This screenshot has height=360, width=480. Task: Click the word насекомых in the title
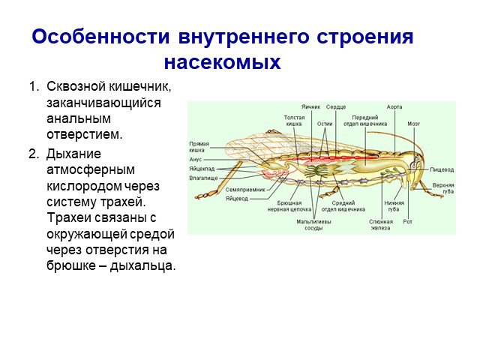point(223,62)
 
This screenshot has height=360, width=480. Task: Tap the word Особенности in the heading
point(100,37)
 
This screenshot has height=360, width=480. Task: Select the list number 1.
point(34,86)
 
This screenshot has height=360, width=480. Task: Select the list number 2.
point(34,154)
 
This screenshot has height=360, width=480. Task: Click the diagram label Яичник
point(310,106)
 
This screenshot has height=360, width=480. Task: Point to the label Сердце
point(336,106)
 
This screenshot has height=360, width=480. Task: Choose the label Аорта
point(394,106)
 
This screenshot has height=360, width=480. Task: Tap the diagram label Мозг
point(413,124)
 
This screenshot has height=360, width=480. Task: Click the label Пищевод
point(442,169)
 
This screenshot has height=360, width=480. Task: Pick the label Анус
point(195,160)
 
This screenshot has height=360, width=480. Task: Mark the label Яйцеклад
point(202,169)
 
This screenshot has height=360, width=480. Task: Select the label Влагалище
point(203,178)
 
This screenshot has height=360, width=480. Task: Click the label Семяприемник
point(245,190)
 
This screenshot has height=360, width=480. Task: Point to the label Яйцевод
point(237,199)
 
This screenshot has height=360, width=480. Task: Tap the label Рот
point(408,221)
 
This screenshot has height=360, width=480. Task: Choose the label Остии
point(325,124)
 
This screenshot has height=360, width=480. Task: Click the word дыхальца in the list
point(142,265)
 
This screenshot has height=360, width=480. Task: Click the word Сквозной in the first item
point(76,86)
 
